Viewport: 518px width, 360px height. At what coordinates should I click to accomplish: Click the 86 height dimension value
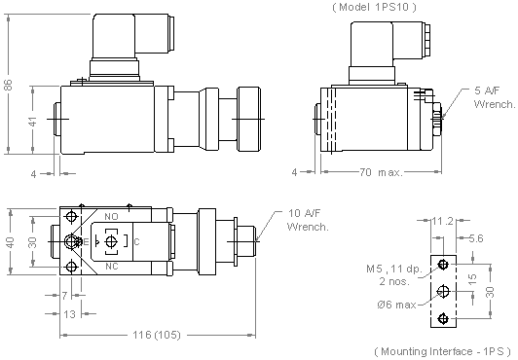coord(9,85)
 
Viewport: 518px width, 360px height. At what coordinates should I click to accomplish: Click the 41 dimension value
coord(33,121)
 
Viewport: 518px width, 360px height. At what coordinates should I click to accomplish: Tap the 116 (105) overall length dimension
coord(157,335)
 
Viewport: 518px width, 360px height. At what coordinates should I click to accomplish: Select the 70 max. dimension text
coord(381,172)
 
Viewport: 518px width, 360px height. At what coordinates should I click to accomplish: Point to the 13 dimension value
coord(69,314)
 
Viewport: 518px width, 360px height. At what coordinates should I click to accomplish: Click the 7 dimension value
coord(64,296)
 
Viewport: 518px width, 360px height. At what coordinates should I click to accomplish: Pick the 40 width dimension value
coord(11,242)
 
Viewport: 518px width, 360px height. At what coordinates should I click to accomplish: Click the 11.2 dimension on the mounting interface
coord(443,221)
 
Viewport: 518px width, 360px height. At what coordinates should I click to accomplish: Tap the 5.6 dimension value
coord(476,238)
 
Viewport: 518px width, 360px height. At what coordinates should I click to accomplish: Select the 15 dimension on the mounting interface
coord(473,279)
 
